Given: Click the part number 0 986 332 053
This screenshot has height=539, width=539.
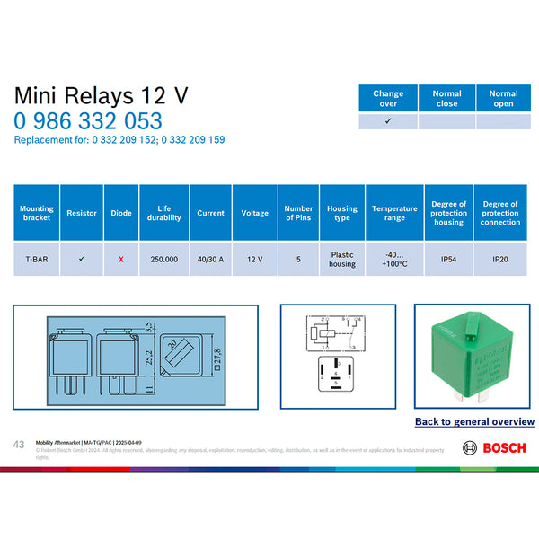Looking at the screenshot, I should point(88,121).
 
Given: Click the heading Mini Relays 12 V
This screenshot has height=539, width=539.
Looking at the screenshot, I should point(102,95).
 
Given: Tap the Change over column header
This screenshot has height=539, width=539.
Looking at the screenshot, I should point(388,99).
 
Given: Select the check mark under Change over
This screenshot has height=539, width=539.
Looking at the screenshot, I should point(388,120).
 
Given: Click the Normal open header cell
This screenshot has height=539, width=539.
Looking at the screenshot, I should point(503,99).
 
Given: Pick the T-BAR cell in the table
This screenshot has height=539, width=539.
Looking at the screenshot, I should point(37,259).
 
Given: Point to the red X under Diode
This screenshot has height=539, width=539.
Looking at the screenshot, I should point(121,259).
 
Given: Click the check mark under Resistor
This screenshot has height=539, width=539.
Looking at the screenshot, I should point(82,259).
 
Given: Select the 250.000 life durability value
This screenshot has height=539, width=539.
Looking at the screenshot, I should point(163,259).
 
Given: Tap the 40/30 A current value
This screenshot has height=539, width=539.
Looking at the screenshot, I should point(210,259).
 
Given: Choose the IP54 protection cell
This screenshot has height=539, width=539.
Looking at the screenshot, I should point(448,259).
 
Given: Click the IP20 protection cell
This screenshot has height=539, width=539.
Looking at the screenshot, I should point(500,259).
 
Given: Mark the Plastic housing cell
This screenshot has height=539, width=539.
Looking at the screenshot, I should point(342,259).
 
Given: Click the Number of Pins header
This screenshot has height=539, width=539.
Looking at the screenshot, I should point(298,213).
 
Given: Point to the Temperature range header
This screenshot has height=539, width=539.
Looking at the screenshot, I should point(394,213).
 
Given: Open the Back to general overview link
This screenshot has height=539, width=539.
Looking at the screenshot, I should point(474,421).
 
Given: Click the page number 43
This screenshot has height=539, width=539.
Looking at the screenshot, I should point(19,444).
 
